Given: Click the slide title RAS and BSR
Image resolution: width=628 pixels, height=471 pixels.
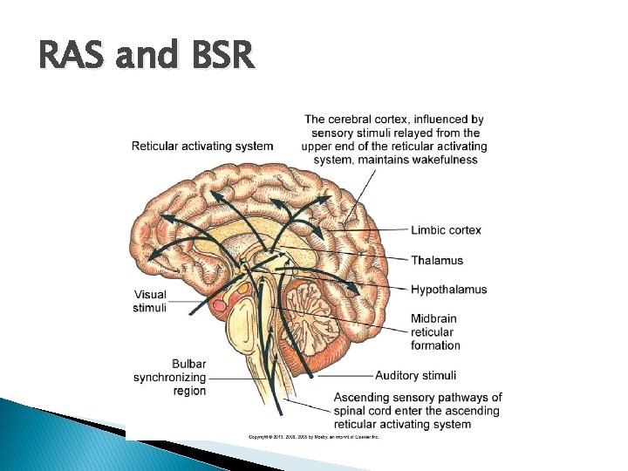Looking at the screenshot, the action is [147, 57].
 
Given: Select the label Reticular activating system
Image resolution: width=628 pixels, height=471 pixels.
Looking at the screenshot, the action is [201, 146].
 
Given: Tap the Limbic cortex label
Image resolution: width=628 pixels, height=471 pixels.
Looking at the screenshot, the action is [446, 230].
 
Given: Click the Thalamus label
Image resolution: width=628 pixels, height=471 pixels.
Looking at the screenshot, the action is [436, 260].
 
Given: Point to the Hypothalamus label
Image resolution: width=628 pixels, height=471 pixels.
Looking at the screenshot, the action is [448, 290].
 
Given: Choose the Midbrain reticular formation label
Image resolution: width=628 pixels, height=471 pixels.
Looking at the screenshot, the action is [435, 331].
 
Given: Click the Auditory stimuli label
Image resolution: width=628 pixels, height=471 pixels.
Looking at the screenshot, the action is [415, 376].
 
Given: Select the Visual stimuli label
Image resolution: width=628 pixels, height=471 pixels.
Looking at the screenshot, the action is [150, 301].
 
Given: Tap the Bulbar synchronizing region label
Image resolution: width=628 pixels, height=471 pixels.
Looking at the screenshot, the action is [171, 378].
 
